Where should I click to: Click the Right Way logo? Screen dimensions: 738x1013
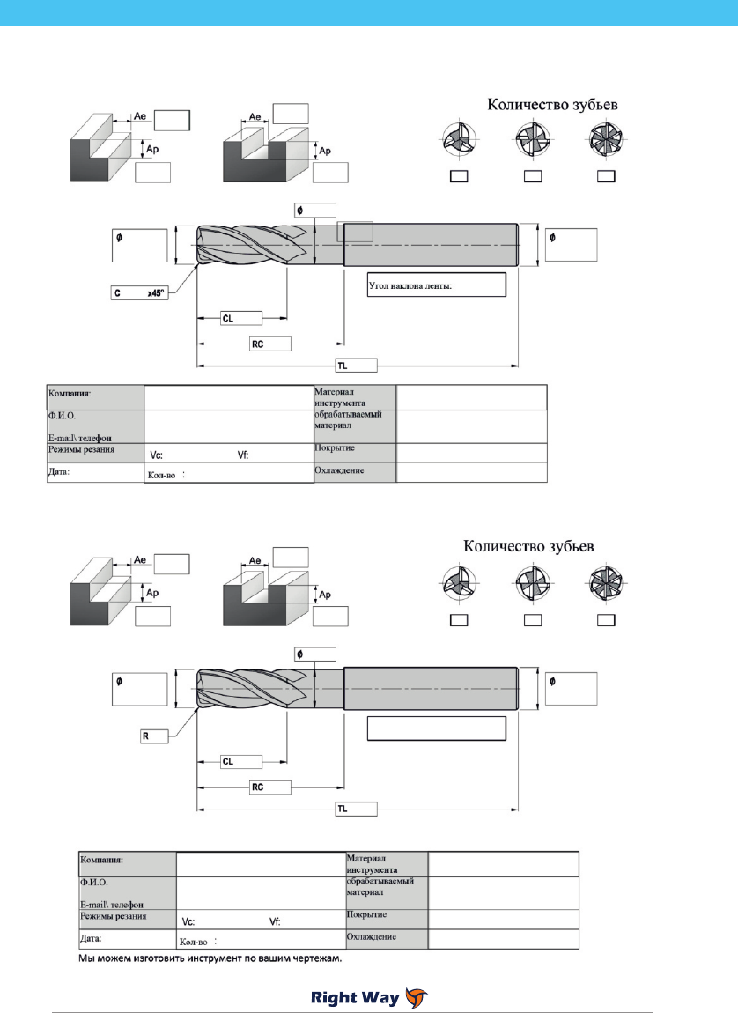(369, 997)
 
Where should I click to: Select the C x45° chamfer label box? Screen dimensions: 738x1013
(139, 293)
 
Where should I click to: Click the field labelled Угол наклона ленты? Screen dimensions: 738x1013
(437, 285)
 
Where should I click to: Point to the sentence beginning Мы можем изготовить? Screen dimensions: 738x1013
(210, 958)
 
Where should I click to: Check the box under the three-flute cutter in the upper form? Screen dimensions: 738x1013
(459, 175)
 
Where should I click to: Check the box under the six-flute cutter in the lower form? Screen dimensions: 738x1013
(606, 620)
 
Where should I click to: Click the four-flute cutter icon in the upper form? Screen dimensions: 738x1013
(533, 139)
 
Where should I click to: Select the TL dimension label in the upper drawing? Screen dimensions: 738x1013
(357, 366)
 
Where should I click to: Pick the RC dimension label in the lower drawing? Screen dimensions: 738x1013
(269, 787)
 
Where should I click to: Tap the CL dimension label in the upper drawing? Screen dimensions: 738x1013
(241, 319)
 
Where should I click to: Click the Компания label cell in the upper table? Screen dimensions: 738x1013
(96, 397)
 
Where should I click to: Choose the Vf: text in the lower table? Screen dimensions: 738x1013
(275, 922)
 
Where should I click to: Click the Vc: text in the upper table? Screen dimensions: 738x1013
(156, 455)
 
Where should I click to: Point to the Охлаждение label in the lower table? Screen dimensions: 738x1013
(372, 936)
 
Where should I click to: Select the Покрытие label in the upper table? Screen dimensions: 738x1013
(335, 447)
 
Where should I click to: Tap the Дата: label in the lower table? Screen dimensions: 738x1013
(91, 938)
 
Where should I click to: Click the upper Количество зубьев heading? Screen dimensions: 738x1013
(552, 104)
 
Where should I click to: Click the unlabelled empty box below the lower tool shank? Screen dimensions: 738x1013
(437, 728)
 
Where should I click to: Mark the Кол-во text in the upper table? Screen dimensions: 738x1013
(162, 475)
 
